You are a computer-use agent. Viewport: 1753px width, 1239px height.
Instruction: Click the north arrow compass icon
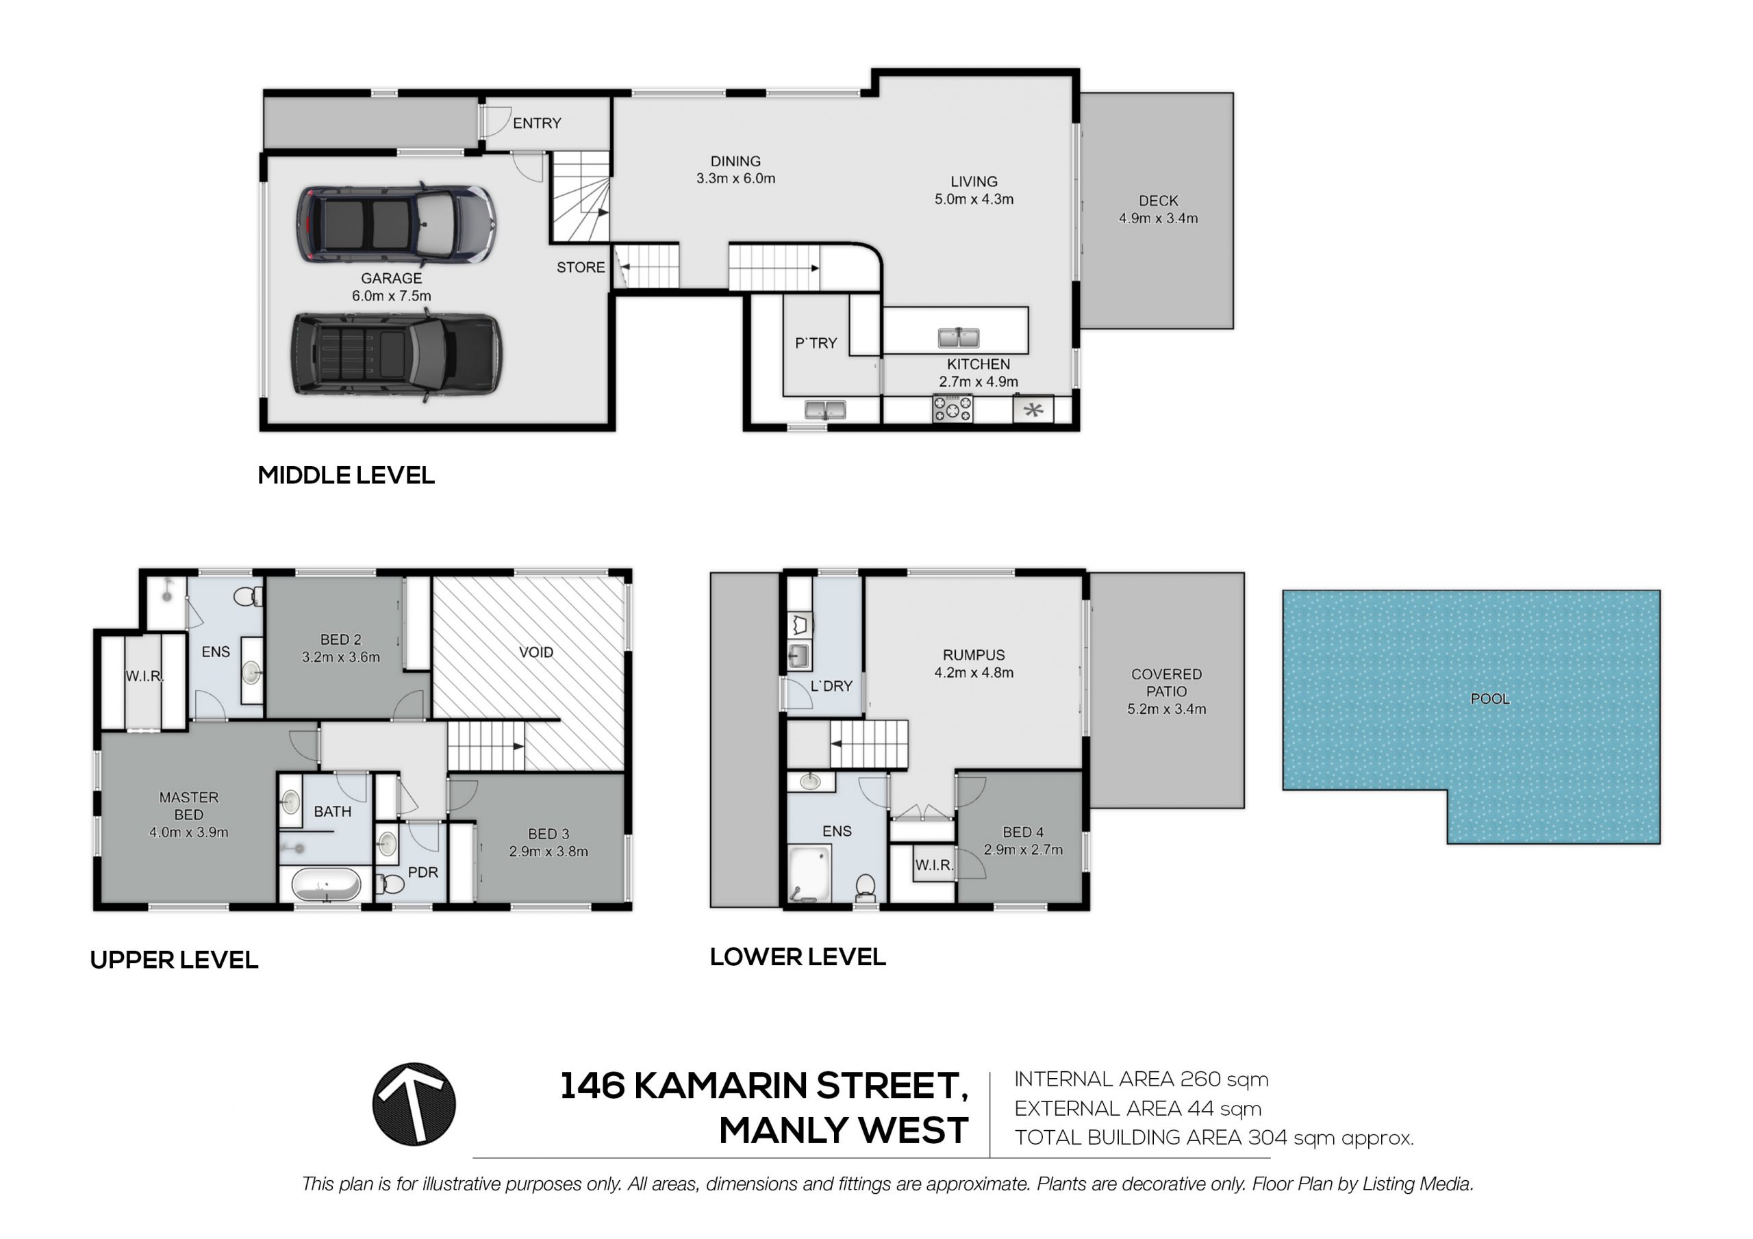coord(414,1104)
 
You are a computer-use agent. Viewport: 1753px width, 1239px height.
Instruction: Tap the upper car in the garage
coord(396,223)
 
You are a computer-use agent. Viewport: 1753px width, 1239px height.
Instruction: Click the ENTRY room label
coord(537,123)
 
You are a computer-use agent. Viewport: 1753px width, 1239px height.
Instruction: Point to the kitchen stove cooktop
coord(953,409)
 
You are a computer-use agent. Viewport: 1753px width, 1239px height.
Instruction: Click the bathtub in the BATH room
coord(326,885)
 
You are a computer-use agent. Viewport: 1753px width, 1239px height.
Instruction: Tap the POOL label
coord(1489,698)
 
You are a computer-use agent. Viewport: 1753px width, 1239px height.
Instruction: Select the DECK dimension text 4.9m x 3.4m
coord(1158,218)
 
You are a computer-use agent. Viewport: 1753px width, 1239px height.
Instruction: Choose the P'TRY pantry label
coord(816,344)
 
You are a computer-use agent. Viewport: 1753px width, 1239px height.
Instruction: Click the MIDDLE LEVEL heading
coord(346,475)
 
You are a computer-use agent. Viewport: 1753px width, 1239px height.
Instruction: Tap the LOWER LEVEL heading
coord(798,956)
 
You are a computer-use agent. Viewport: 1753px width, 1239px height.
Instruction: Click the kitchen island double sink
coord(958,337)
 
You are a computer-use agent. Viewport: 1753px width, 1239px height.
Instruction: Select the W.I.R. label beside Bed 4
coord(934,865)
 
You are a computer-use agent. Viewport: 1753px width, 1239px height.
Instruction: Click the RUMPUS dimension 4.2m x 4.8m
coord(974,673)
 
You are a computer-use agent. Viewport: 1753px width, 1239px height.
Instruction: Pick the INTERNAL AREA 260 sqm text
coord(1141,1080)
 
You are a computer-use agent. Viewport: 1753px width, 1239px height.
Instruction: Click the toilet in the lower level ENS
coord(866,888)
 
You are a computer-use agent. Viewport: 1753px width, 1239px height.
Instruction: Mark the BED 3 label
coord(548,834)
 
